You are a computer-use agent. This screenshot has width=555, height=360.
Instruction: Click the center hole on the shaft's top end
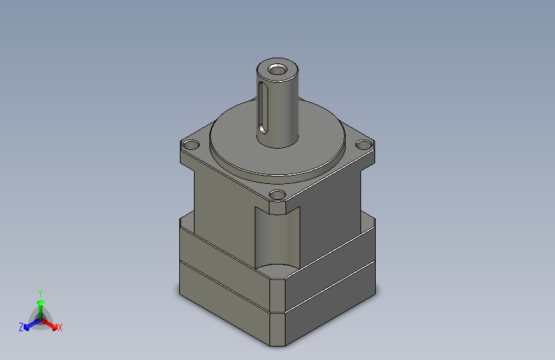tap(278, 69)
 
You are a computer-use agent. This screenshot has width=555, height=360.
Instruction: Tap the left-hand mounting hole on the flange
tap(191, 143)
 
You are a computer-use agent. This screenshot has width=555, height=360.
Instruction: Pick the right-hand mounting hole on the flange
tap(363, 145)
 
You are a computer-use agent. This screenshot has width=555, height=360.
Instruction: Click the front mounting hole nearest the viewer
tap(277, 194)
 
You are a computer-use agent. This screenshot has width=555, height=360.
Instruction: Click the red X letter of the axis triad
tap(60, 328)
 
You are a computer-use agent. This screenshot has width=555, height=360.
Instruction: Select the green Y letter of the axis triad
tap(40, 291)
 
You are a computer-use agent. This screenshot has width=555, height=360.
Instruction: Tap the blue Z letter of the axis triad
tap(21, 327)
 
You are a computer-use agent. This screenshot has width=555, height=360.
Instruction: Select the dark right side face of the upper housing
tap(333, 211)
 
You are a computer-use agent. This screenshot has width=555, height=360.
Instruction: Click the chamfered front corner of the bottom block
tap(277, 330)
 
